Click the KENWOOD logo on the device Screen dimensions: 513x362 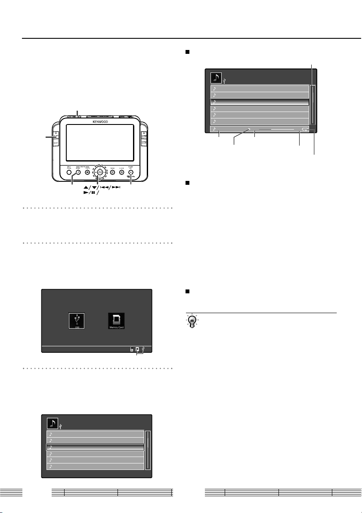tap(99, 122)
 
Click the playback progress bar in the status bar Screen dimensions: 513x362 tap(277, 129)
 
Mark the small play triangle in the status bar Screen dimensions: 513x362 tap(249, 129)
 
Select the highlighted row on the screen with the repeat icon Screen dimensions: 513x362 tap(260, 102)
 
